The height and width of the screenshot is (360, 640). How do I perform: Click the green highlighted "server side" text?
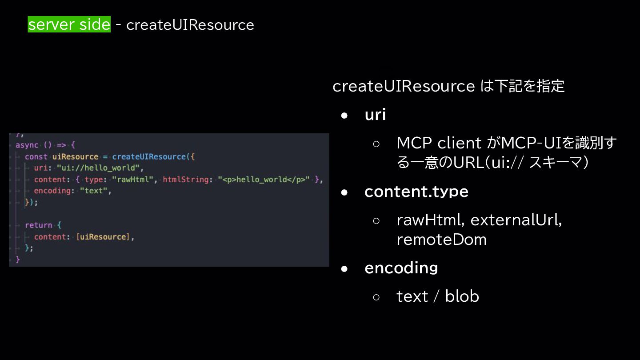coord(69,24)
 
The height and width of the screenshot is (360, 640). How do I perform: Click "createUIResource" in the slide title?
coord(190,25)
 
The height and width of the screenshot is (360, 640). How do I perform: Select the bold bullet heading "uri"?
coord(375,115)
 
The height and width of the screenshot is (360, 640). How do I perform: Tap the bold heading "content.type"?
coord(416,191)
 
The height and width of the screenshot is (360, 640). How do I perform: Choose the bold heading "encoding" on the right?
coord(401,268)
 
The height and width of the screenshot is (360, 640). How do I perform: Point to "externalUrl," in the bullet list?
coord(516,220)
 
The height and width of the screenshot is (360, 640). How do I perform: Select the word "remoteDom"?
coord(441,239)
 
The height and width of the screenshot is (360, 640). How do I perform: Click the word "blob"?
coord(462,296)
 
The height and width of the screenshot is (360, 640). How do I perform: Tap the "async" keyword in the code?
coord(27,145)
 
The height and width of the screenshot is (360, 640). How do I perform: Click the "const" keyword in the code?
coord(36,156)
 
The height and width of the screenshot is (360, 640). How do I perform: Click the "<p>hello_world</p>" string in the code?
coord(264,180)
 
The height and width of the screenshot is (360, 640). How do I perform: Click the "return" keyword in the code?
coord(38,225)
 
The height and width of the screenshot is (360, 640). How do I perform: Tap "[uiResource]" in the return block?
coord(103,236)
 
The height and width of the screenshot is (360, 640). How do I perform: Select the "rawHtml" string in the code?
coord(133,180)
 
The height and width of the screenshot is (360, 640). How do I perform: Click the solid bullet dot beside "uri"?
coord(344,116)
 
